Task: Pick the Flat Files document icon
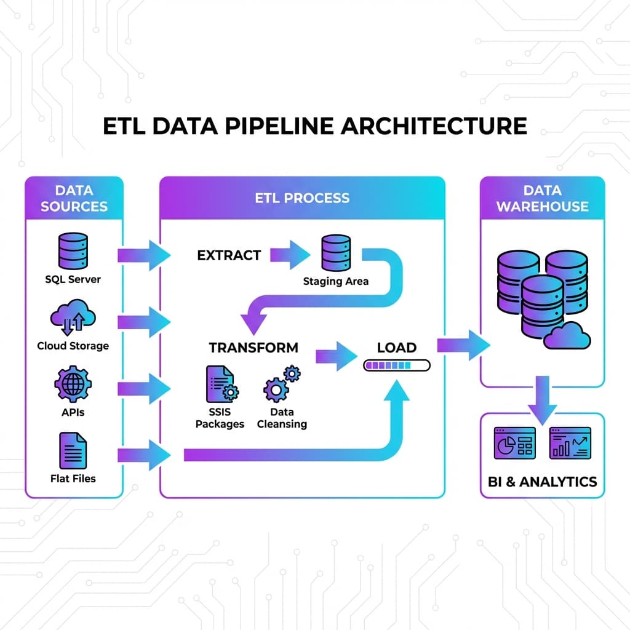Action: pyautogui.click(x=73, y=450)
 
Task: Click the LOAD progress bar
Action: pyautogui.click(x=397, y=365)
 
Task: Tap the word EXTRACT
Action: pyautogui.click(x=229, y=255)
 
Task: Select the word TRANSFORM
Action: pyautogui.click(x=253, y=348)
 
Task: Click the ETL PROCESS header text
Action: pyautogui.click(x=302, y=198)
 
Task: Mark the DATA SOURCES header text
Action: pyautogui.click(x=74, y=198)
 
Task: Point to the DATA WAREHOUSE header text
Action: pyautogui.click(x=542, y=198)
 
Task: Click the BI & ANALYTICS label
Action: pyautogui.click(x=542, y=481)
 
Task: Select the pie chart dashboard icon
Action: pyautogui.click(x=515, y=443)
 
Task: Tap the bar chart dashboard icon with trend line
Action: pyautogui.click(x=570, y=443)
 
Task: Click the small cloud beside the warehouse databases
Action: pyautogui.click(x=567, y=336)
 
